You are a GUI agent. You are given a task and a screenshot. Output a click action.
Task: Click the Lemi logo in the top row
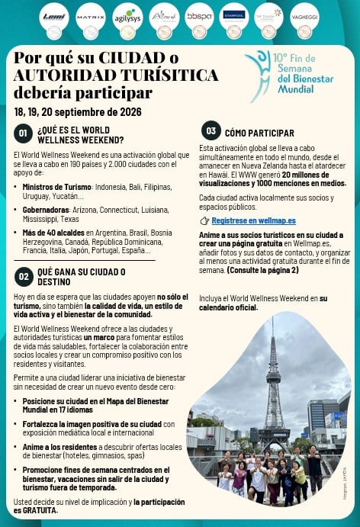(x=54, y=16)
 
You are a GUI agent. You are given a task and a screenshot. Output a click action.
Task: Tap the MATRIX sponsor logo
(x=91, y=16)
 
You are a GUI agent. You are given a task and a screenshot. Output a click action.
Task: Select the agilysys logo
(x=127, y=16)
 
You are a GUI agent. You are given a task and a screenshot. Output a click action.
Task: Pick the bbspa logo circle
(x=199, y=16)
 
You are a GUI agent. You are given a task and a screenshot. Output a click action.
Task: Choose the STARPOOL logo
(x=233, y=16)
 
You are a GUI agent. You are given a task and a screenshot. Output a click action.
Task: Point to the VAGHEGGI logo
(x=304, y=16)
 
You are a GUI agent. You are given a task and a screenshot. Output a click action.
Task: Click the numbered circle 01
(x=24, y=134)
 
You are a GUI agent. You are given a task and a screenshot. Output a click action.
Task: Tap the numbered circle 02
(x=24, y=275)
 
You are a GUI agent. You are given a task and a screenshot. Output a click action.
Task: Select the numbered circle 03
(x=211, y=130)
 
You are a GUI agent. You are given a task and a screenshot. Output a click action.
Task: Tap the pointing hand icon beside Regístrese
(x=204, y=220)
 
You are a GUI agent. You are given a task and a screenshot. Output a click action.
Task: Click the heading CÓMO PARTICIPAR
(x=259, y=133)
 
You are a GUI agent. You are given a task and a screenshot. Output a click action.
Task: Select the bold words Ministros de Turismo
(x=57, y=186)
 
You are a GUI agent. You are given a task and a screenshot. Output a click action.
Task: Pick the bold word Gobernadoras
(x=47, y=207)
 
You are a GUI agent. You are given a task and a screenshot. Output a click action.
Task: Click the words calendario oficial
(x=227, y=307)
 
